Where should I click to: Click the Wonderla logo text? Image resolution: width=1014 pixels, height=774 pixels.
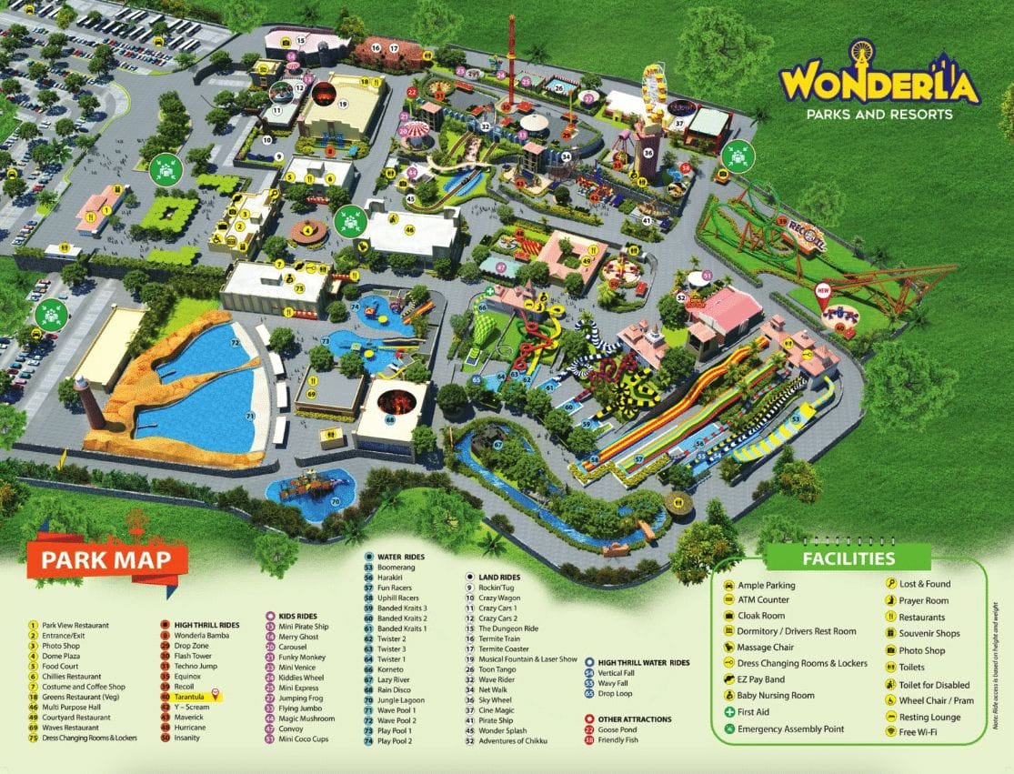point(878,85)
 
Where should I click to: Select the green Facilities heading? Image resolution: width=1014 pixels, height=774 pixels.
point(848,558)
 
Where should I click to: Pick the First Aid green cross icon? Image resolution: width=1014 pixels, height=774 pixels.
point(729,711)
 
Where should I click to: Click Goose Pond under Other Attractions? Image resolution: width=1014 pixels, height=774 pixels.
point(623,729)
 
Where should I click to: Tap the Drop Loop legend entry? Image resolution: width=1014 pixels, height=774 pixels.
point(617,693)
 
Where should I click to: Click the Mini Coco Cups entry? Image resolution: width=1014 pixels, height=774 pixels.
point(306,739)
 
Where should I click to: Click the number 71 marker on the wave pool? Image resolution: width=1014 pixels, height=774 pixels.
point(249,416)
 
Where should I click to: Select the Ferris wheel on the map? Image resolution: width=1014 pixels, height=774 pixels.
point(654,86)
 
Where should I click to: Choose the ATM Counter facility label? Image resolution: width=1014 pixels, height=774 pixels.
point(763,599)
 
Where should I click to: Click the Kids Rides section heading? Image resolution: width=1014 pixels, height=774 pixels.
point(296,615)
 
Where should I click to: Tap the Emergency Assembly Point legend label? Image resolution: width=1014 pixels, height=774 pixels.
point(790,729)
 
